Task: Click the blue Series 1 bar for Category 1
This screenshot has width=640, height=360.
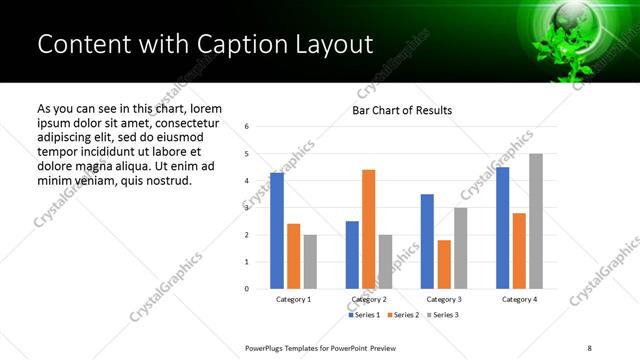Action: [x=277, y=231]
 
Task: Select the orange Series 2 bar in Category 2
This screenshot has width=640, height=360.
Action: [x=368, y=229]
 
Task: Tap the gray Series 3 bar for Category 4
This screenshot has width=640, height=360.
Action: [x=535, y=221]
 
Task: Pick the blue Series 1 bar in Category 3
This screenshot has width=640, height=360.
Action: [x=427, y=241]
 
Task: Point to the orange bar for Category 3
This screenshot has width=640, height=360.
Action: [x=443, y=264]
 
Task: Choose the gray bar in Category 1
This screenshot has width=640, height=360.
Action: [x=310, y=262]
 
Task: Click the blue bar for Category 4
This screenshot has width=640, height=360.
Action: [x=502, y=228]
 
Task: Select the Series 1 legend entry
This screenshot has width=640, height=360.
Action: [x=363, y=315]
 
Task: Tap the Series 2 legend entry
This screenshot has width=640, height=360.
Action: [x=402, y=315]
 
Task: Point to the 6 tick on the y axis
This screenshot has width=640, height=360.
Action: [x=246, y=127]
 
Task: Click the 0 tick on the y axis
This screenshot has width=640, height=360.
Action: [x=246, y=289]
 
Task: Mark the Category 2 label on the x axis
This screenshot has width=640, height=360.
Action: [x=368, y=299]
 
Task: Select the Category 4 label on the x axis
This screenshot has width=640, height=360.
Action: [x=518, y=299]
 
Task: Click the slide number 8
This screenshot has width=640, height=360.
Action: [x=588, y=347]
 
